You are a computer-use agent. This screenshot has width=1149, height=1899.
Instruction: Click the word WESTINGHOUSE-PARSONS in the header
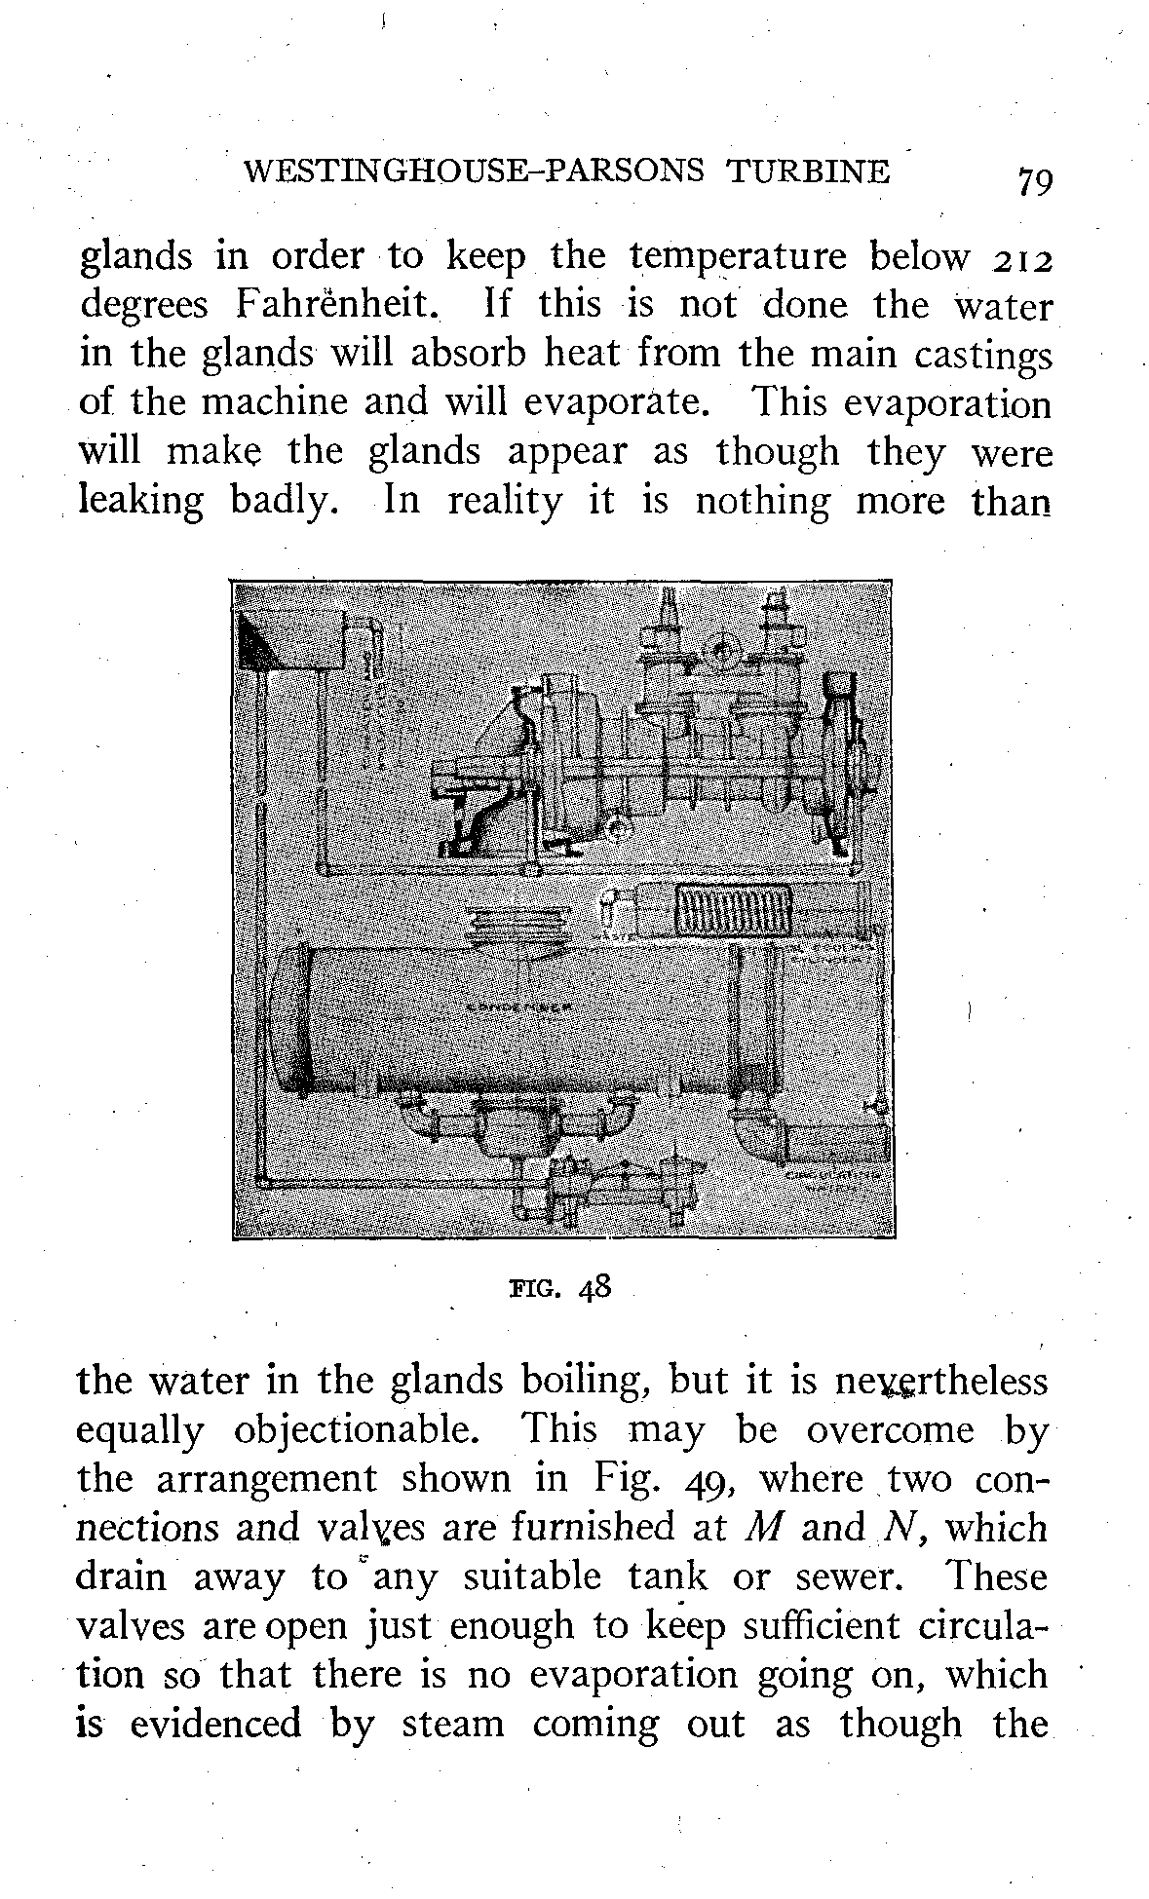tap(473, 171)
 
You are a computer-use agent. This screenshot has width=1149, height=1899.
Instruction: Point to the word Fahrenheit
tap(331, 306)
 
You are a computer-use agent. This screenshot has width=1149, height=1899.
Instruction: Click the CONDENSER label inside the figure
tap(517, 1005)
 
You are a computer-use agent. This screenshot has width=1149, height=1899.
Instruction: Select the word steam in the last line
tap(453, 1724)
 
